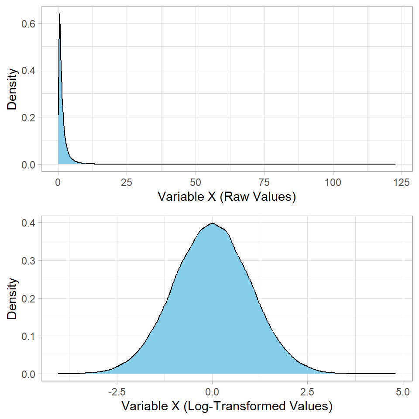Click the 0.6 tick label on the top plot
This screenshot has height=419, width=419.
(29, 23)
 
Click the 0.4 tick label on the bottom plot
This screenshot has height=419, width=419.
(29, 223)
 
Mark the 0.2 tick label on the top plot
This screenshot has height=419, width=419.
(29, 117)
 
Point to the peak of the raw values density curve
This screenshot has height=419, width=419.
(59, 14)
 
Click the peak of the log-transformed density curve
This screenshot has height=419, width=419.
(213, 223)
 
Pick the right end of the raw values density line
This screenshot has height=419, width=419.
(395, 164)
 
